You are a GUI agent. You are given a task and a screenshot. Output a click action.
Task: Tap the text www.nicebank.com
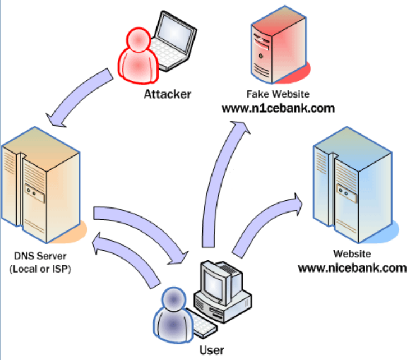pyautogui.click(x=352, y=267)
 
